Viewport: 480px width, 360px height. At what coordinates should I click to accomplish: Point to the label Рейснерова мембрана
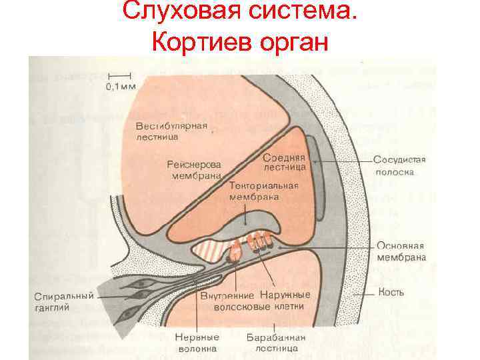coord(195,170)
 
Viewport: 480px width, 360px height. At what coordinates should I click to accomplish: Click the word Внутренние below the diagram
coord(226,295)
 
